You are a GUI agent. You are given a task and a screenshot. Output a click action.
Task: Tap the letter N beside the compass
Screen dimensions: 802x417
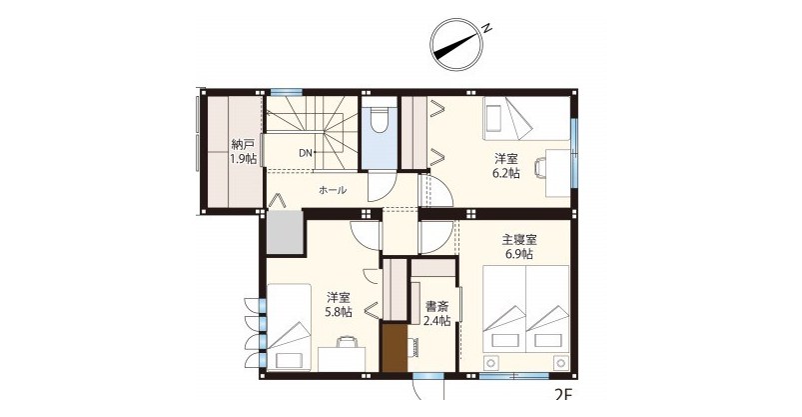(x=487, y=28)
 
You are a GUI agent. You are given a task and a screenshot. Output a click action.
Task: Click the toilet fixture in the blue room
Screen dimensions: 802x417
(x=379, y=120)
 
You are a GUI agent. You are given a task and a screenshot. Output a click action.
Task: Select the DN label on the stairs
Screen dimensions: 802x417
(x=306, y=152)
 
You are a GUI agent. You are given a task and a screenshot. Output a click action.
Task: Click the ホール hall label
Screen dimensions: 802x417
(x=333, y=190)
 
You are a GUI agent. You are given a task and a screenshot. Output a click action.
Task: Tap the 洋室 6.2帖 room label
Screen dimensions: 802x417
(x=505, y=165)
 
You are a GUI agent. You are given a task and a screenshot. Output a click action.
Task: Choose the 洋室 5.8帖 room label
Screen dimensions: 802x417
(x=339, y=304)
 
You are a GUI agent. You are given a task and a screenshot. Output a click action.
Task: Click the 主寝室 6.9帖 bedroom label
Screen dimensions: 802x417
(x=518, y=246)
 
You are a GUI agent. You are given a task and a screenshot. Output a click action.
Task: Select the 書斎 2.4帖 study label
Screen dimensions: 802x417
(x=436, y=314)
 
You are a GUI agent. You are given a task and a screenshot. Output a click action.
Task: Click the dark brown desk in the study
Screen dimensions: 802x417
(x=395, y=347)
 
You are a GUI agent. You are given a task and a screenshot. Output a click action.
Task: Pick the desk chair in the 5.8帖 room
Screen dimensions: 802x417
(x=347, y=341)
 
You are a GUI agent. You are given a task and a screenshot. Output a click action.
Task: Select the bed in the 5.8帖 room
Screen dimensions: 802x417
(x=289, y=327)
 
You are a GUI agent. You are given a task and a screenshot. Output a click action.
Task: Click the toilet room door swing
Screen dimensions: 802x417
(x=380, y=186)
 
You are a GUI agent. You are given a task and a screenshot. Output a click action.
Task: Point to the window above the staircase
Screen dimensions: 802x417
(x=287, y=92)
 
